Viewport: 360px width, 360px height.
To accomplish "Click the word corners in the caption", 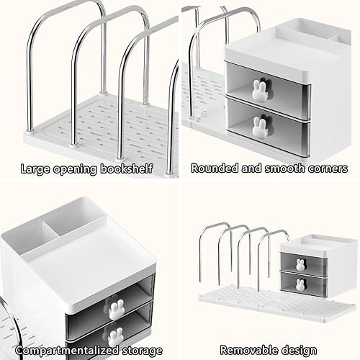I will click(325, 168).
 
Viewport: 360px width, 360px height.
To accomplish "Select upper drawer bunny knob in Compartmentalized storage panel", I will click(115, 306).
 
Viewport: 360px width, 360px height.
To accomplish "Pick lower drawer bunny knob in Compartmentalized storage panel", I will click(115, 335).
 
